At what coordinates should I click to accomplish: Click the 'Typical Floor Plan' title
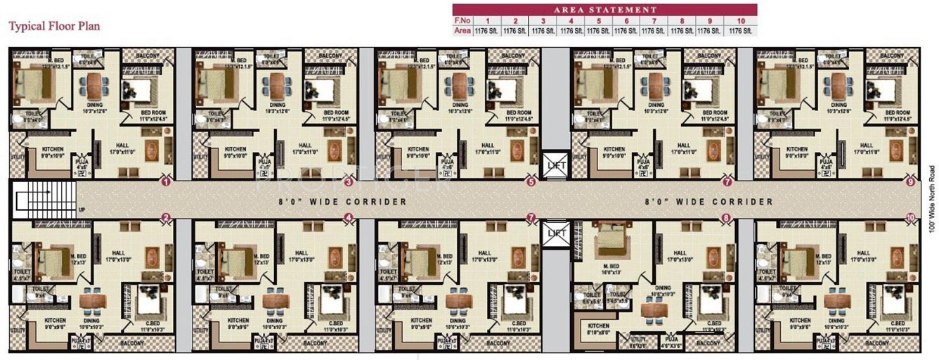[x=54, y=27]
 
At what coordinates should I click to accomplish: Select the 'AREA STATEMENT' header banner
[x=604, y=10]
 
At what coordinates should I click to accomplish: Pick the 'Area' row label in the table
[x=462, y=31]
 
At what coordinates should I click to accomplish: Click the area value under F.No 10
[x=741, y=31]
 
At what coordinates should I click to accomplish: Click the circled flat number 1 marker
[x=166, y=182]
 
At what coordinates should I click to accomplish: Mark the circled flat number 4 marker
[x=347, y=219]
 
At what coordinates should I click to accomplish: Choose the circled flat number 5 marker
[x=531, y=182]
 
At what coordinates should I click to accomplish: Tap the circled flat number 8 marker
[x=727, y=219]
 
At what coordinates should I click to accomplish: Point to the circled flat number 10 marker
[x=911, y=219]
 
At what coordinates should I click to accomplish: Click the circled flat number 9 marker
[x=911, y=182]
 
